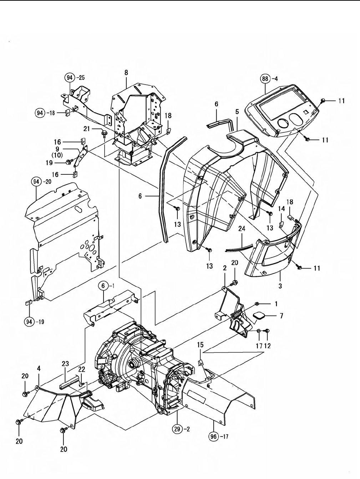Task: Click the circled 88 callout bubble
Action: pos(265,78)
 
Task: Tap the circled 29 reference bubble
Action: pos(178,429)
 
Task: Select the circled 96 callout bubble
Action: pos(213,437)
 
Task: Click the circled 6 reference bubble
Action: pos(103,285)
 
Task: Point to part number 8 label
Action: pos(126,72)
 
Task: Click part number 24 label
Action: pos(242,229)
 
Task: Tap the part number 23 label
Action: pos(65,363)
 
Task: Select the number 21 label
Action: pos(87,129)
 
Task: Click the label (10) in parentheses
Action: pos(57,155)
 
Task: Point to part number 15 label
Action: pos(200,345)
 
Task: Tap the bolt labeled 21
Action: pos(104,133)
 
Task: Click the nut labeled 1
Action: pos(257,304)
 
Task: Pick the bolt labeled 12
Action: pos(268,331)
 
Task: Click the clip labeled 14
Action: pos(281,224)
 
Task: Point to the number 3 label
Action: pos(280,286)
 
